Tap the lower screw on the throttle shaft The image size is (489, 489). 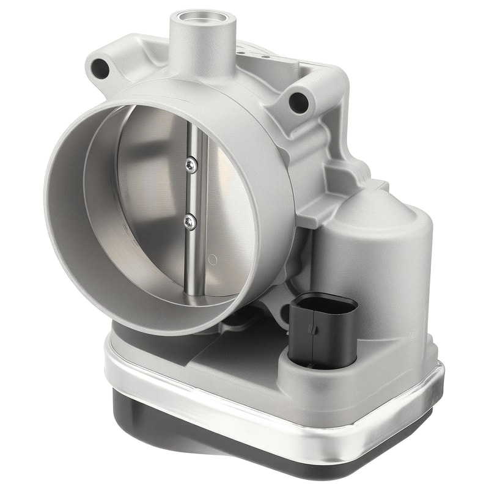pyautogui.click(x=190, y=222)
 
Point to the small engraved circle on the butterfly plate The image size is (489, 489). pyautogui.click(x=213, y=259)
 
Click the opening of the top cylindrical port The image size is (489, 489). pyautogui.click(x=202, y=18)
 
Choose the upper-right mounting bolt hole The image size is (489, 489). pyautogui.click(x=299, y=102)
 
